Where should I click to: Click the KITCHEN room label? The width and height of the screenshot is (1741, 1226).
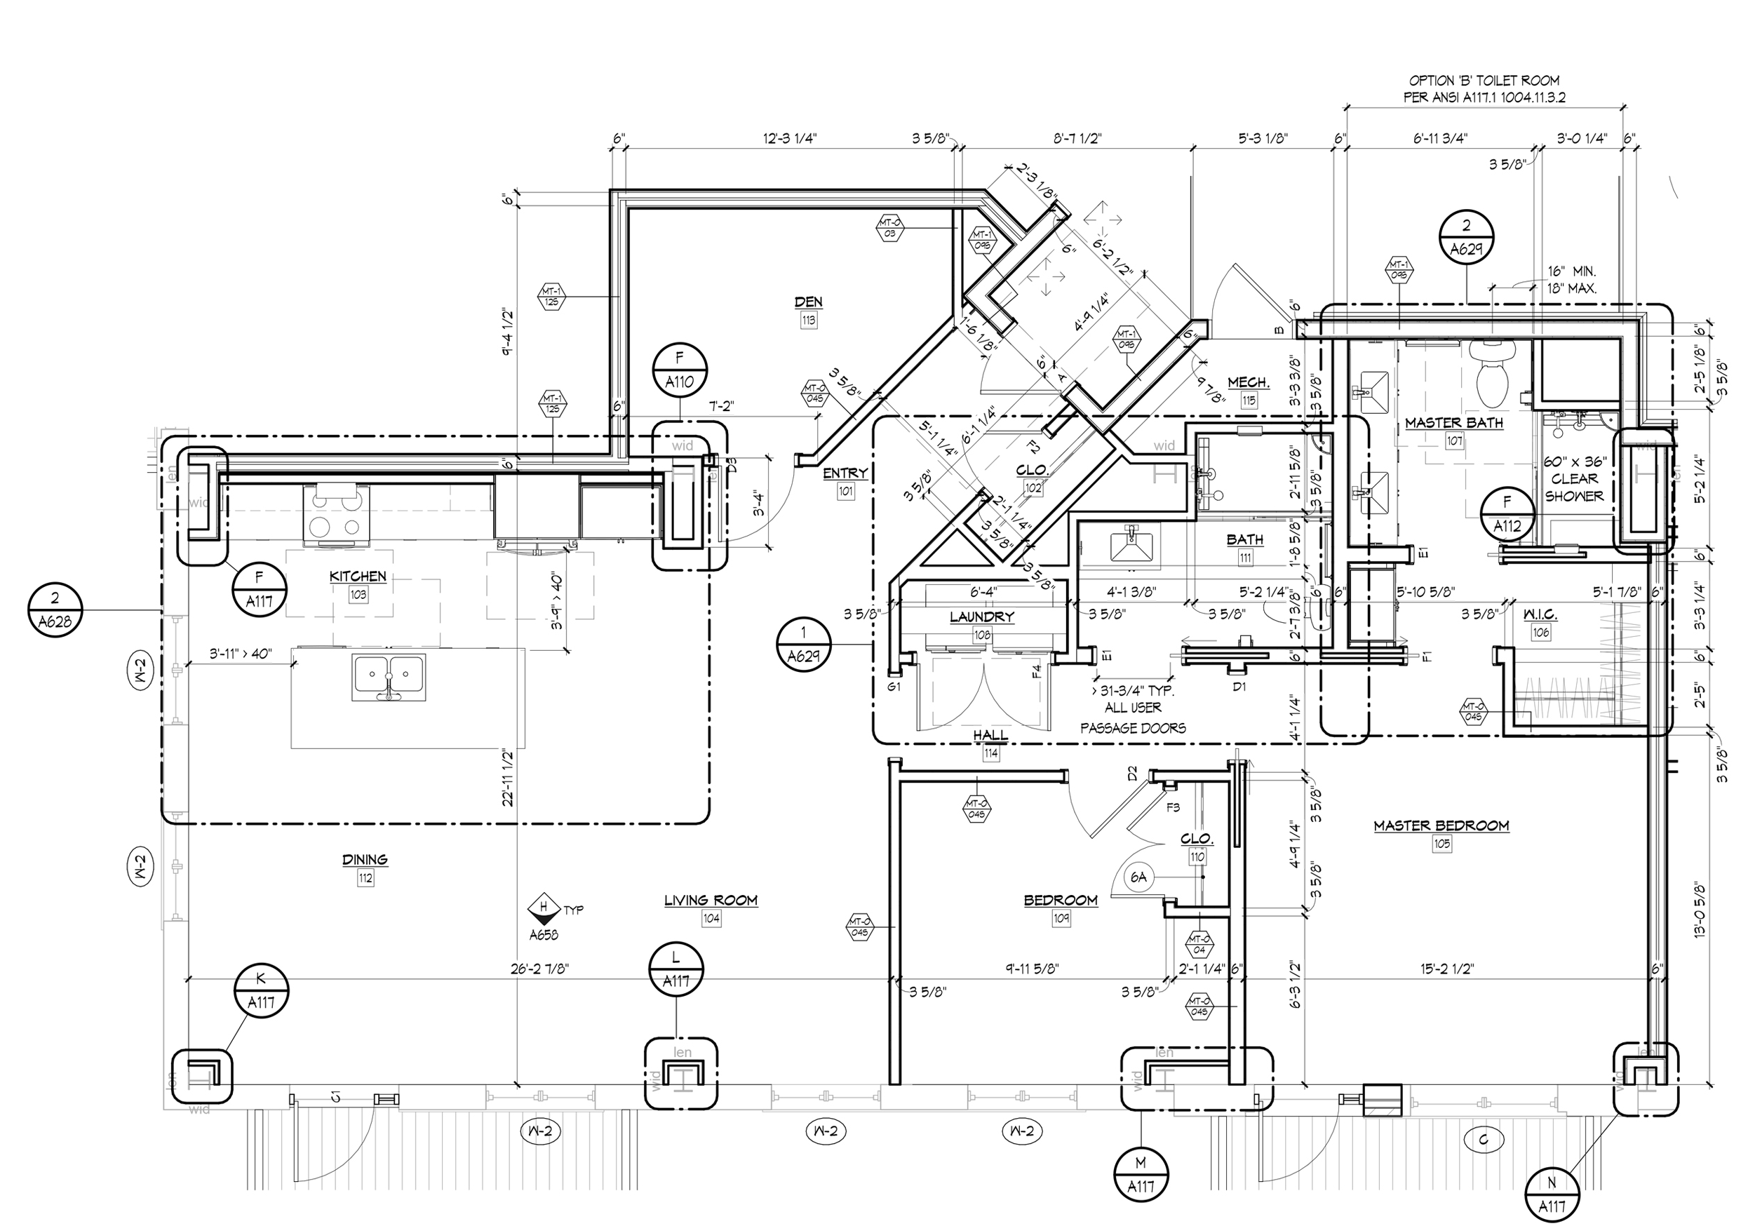coord(358,577)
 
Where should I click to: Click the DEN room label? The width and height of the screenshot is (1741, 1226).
coord(808,302)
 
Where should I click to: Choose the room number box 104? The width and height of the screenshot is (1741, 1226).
coord(711,919)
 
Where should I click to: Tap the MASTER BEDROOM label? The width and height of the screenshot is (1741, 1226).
coord(1441,826)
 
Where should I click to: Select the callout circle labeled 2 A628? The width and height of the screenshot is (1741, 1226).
coord(55,609)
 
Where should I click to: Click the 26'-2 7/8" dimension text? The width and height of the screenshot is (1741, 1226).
coord(540,968)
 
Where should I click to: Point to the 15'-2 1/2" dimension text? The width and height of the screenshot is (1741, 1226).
coord(1447,968)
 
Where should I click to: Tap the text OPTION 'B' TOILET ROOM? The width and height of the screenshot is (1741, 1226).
coord(1484,81)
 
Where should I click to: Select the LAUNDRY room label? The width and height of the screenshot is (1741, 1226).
coord(982,617)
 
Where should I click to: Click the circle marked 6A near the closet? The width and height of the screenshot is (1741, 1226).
coord(1138,878)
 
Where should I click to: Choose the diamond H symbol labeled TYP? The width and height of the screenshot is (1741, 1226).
coord(543,907)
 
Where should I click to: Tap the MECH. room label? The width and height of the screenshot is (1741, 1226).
coord(1248,383)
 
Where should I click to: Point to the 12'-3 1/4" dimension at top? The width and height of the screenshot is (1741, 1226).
coord(789,138)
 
